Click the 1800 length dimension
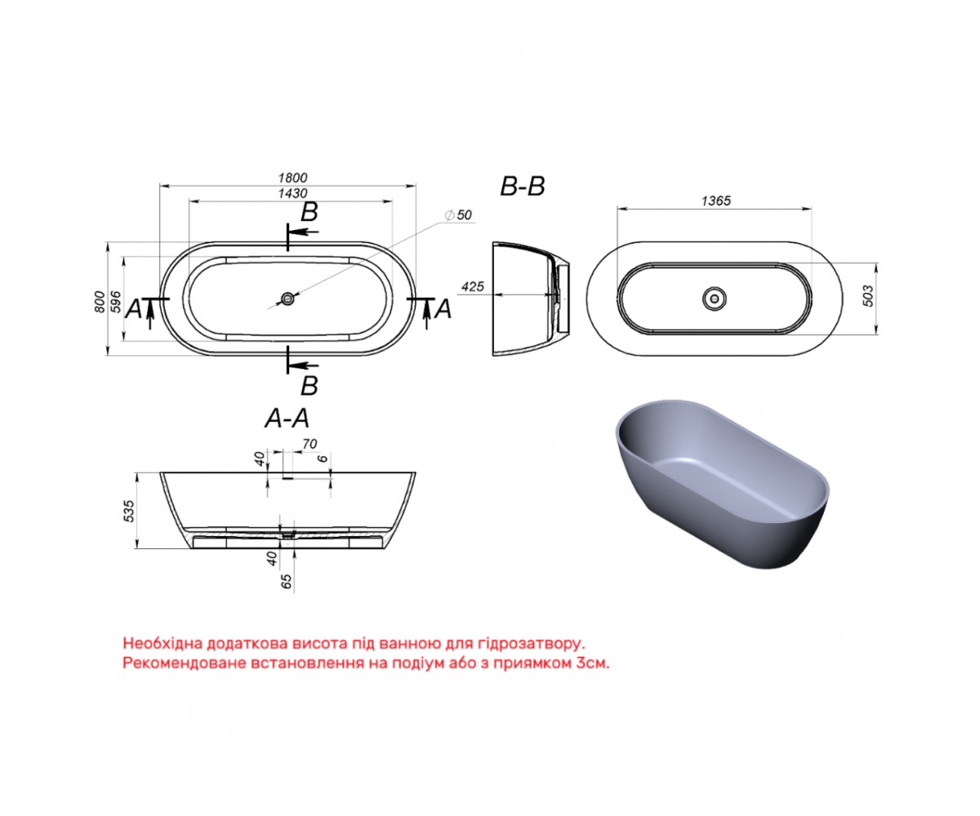[292, 178]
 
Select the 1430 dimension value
[292, 193]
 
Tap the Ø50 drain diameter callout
[458, 215]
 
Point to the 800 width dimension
[100, 302]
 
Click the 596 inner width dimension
[115, 302]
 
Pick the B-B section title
[523, 186]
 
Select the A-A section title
[287, 419]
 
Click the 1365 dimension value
[715, 201]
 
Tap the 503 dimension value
[868, 296]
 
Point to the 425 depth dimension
[472, 286]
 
